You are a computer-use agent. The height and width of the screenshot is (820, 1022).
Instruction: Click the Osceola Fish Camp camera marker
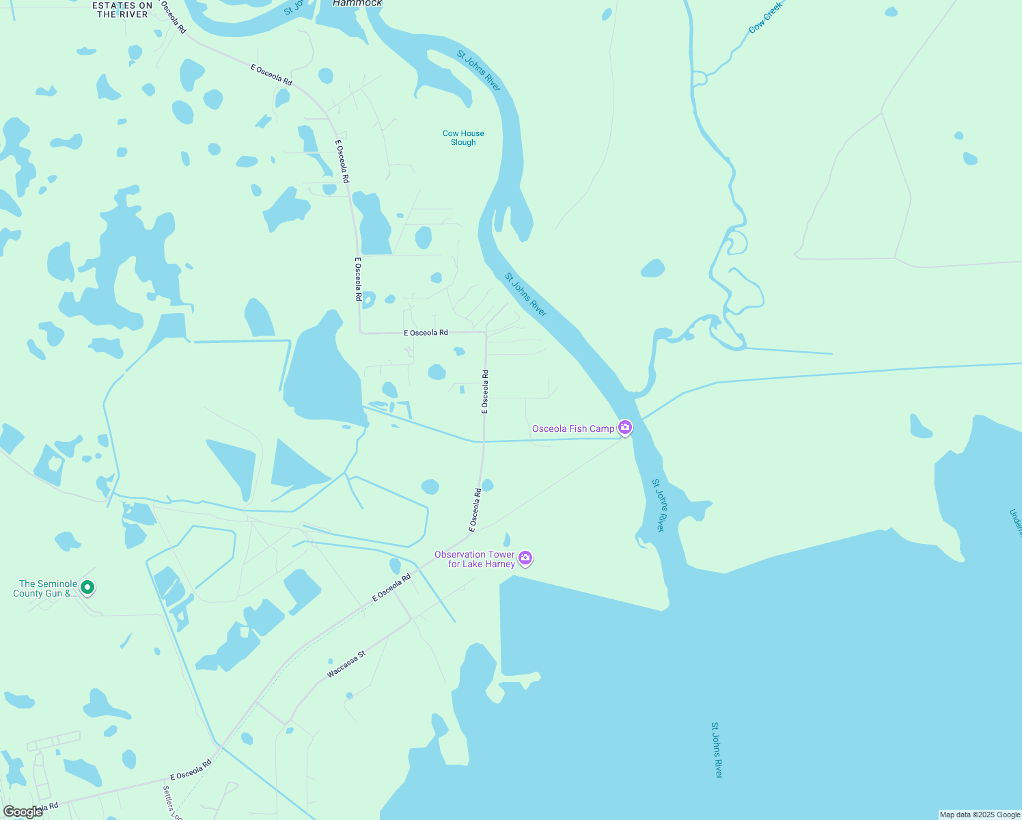[624, 428]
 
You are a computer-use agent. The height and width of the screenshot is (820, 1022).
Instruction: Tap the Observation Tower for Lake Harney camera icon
[525, 558]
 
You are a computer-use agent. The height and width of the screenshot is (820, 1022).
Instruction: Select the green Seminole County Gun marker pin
[87, 587]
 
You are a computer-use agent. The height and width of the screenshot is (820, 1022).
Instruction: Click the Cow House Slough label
[463, 138]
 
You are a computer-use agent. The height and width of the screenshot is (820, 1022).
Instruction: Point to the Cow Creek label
[765, 17]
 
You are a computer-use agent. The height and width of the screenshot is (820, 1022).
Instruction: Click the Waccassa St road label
[346, 664]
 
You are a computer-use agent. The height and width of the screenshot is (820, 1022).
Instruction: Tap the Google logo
[23, 812]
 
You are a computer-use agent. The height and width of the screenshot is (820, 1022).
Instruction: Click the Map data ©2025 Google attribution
[980, 815]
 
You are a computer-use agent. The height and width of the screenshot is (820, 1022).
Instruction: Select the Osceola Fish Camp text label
[573, 428]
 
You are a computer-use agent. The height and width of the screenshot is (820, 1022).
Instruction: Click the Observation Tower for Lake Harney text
[475, 559]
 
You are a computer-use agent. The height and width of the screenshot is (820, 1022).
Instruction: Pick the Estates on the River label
[123, 10]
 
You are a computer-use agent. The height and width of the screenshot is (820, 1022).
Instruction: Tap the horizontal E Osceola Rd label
[426, 333]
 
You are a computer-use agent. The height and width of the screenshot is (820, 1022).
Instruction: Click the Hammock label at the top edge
[357, 3]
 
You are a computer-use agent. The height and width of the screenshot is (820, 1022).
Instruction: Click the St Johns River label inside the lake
[717, 750]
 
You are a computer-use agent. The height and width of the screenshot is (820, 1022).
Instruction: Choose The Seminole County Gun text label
[45, 588]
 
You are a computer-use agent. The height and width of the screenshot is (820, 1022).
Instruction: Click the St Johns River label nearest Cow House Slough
[479, 70]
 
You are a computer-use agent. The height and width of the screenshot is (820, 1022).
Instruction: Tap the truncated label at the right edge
[1015, 523]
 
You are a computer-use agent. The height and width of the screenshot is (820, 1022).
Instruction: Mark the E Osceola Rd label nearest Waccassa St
[391, 588]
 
